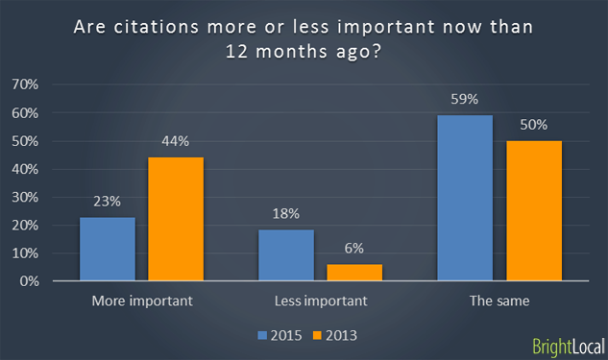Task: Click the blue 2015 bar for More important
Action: (x=108, y=250)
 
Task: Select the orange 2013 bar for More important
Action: (x=175, y=220)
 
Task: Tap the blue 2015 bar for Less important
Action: (x=286, y=256)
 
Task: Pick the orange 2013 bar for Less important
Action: (x=353, y=274)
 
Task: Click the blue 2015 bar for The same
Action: (x=465, y=199)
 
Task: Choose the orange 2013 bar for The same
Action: (x=533, y=211)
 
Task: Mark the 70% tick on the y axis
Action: (x=51, y=85)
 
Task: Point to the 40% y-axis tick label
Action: (x=51, y=170)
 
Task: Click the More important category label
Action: (x=141, y=300)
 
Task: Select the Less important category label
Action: (x=320, y=300)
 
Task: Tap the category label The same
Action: (x=499, y=300)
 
